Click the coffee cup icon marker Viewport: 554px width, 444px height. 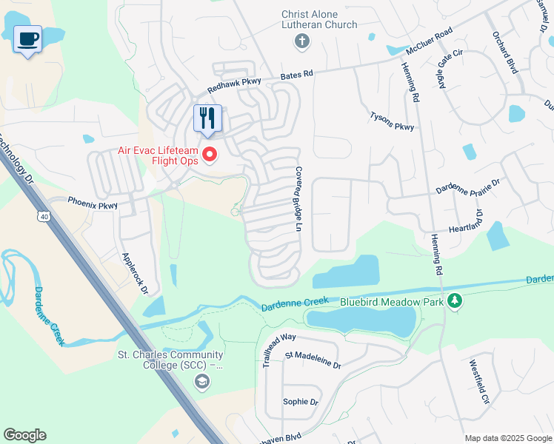coord(27,39)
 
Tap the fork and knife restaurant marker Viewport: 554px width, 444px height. coord(207,118)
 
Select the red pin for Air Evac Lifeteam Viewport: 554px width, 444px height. coord(210,154)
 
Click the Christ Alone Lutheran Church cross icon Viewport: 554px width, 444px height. coord(301,41)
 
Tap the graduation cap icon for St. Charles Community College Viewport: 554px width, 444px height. coord(201,381)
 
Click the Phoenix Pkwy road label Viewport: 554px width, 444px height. coord(93,203)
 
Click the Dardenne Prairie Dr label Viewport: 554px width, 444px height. coord(468,186)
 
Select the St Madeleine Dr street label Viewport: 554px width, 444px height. coord(313,360)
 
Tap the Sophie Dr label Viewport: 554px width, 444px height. coord(300,402)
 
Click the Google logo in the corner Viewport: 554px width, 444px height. coord(24,435)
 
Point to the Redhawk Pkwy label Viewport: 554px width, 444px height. coord(231,87)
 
